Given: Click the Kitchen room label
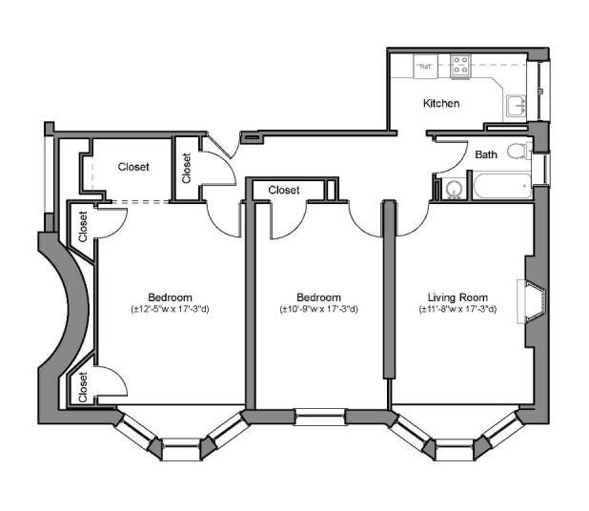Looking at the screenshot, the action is click(441, 103).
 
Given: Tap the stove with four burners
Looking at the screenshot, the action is click(460, 67).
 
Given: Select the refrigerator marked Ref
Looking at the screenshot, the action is click(426, 66).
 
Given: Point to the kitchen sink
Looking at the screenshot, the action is click(517, 107).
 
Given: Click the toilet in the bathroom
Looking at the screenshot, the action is click(518, 151).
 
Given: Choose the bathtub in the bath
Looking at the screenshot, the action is click(502, 186).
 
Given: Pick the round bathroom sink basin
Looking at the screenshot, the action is click(455, 189).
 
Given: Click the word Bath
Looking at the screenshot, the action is click(486, 154).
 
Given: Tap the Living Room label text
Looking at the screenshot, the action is click(457, 297).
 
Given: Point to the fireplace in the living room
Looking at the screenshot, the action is click(532, 301).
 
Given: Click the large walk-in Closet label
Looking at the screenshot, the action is click(133, 167).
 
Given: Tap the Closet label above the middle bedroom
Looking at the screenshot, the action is click(284, 190).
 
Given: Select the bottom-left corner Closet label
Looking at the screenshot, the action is click(83, 387).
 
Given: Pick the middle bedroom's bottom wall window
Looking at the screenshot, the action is click(319, 417).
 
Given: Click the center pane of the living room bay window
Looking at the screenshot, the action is click(455, 449).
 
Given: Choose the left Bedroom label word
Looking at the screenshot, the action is click(170, 297).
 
